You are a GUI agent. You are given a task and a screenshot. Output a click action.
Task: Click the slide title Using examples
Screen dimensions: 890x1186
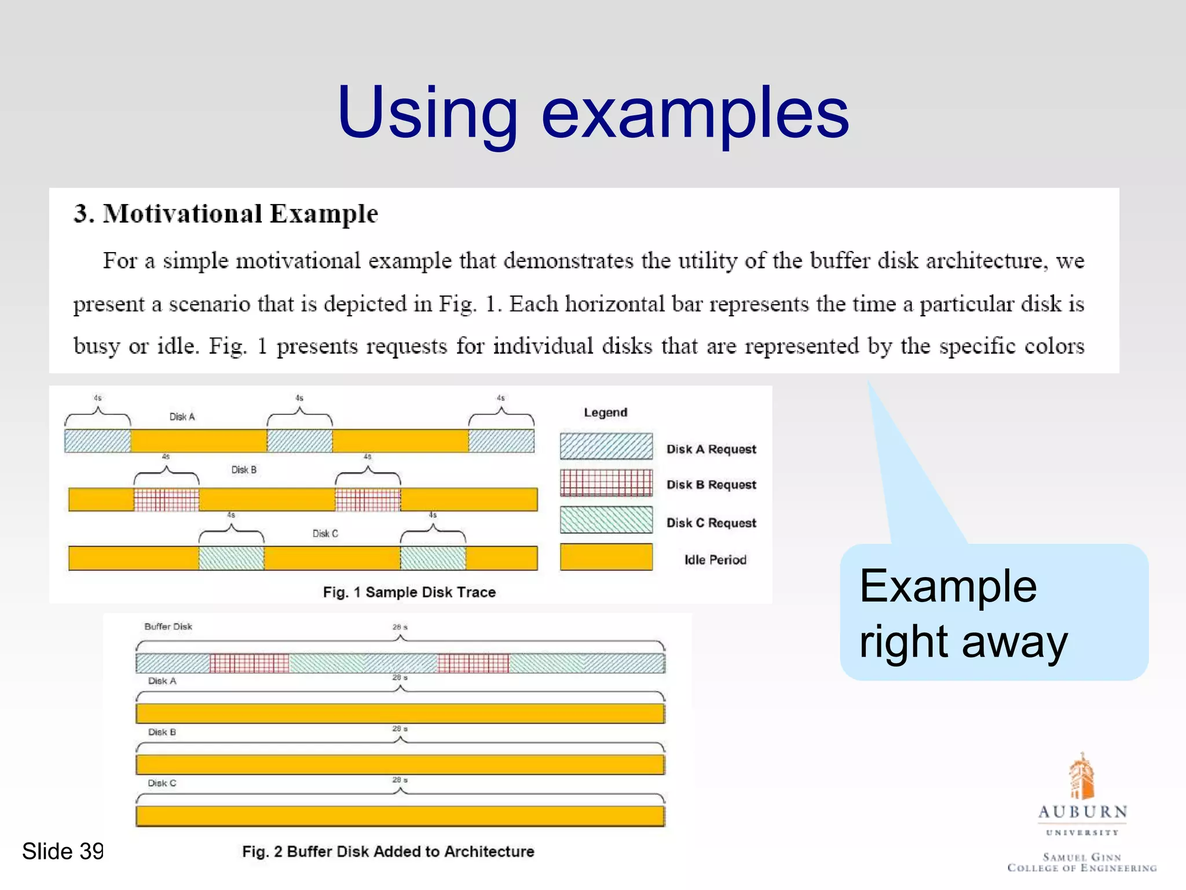pos(593,113)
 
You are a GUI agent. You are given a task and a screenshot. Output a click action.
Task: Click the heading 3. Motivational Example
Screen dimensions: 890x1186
pos(226,214)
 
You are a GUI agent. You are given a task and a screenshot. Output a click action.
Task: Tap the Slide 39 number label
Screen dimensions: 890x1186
pos(63,851)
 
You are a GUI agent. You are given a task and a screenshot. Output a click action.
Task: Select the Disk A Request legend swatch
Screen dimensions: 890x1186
pos(606,447)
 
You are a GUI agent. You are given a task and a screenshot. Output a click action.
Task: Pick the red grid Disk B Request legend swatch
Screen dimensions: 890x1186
pos(606,483)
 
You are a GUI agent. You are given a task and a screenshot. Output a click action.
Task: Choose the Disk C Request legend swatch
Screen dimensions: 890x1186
pos(606,520)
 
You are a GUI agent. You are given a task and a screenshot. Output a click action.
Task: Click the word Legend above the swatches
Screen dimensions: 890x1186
pos(605,413)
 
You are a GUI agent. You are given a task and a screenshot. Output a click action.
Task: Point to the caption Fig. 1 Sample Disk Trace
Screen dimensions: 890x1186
pos(409,592)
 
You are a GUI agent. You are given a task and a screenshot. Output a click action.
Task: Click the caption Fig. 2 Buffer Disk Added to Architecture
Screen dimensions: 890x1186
pos(388,851)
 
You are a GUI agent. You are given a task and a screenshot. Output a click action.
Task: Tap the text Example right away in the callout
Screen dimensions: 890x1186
pos(962,613)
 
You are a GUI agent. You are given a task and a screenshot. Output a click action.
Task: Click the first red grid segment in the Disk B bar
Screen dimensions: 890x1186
pos(166,499)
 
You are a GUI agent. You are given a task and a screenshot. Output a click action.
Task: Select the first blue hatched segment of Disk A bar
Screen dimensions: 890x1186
pos(97,441)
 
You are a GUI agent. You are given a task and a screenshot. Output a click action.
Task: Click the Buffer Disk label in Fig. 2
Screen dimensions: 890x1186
pos(168,626)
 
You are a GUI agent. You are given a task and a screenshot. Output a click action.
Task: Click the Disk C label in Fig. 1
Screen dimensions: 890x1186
pos(325,533)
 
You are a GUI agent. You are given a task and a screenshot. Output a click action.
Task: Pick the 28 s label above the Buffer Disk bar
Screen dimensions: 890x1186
pos(400,627)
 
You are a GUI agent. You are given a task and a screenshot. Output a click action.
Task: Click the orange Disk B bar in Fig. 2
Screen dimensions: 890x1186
pos(400,765)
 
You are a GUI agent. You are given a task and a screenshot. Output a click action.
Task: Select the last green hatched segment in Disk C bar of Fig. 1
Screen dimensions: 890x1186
pos(433,558)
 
